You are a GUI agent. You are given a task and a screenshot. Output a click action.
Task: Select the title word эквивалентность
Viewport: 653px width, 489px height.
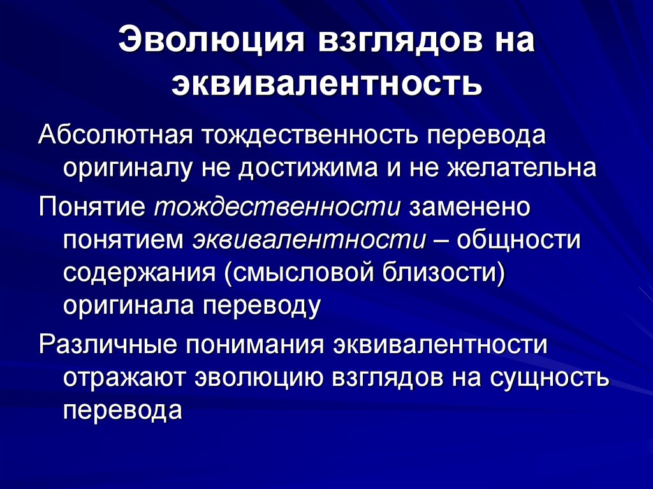click(326, 83)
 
